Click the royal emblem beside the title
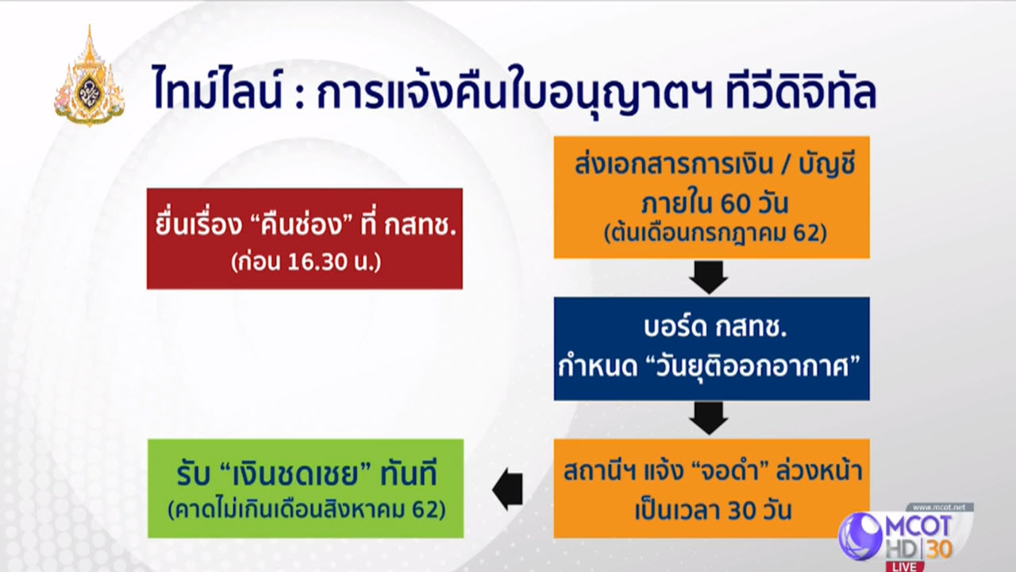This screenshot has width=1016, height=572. [90, 76]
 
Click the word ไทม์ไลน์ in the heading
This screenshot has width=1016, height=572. [217, 88]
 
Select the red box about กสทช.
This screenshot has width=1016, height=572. [304, 238]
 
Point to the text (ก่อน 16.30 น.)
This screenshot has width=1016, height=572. [306, 262]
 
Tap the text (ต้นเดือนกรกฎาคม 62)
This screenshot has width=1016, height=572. [715, 234]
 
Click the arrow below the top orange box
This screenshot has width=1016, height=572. [709, 277]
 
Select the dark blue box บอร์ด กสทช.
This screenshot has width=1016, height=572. [711, 349]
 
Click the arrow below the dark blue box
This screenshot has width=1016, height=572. [709, 419]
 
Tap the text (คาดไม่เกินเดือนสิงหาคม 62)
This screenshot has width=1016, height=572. [306, 509]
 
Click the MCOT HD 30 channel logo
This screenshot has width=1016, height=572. [906, 535]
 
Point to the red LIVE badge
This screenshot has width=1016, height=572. [906, 566]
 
